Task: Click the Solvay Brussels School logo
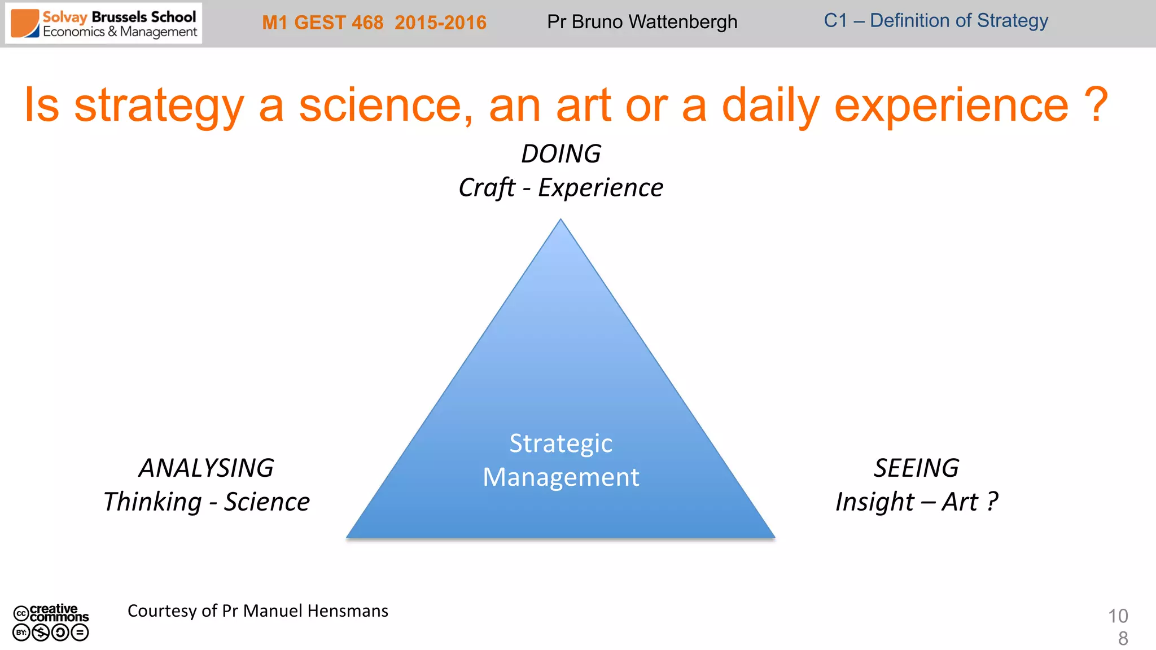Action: coord(104,24)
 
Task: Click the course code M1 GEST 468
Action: coord(322,23)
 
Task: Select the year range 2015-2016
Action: coord(440,23)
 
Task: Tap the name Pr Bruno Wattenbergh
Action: coord(642,22)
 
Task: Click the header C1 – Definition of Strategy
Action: coord(935,21)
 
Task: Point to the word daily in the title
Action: coord(770,106)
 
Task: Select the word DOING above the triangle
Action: coord(561,154)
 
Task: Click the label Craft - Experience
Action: coord(561,188)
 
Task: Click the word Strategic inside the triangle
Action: coord(561,443)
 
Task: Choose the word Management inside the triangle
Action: coord(561,477)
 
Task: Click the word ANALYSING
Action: coord(206,468)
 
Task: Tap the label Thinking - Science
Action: coord(206,502)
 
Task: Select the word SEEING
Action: coord(916,468)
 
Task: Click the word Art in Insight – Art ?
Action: coord(959,502)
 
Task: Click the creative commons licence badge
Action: coord(51,622)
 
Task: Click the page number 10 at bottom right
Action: coord(1118,616)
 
